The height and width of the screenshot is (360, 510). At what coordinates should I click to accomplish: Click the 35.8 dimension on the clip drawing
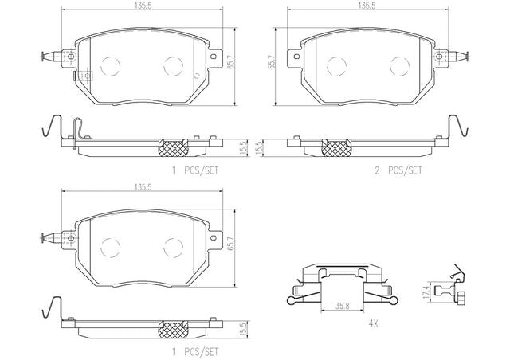tap(343, 306)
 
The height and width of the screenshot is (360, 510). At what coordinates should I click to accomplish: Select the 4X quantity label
tap(374, 323)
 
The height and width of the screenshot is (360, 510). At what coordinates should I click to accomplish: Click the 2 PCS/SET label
tap(398, 170)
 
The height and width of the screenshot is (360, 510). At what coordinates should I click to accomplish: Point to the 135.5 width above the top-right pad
tap(367, 6)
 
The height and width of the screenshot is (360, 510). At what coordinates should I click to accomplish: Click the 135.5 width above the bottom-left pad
tap(141, 187)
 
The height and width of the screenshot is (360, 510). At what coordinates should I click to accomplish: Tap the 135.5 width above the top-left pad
tap(141, 6)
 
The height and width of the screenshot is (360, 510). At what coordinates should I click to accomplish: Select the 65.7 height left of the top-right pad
tap(272, 62)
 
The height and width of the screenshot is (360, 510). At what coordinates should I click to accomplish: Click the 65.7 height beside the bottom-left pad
tap(231, 243)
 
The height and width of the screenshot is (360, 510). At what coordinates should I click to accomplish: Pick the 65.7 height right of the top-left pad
tap(231, 62)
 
